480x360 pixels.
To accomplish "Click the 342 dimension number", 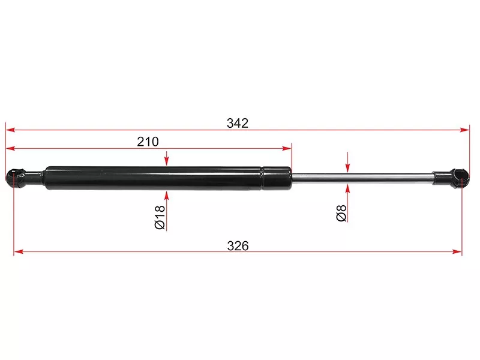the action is (238, 123).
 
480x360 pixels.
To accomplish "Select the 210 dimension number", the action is (148, 142).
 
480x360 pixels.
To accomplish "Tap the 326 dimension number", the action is (238, 246).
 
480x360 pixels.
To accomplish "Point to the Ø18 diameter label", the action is (160, 217).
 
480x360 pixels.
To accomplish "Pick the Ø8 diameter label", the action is (341, 213).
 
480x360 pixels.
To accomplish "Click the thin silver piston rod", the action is (363, 178).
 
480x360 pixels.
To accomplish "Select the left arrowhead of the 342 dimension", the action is (10, 130).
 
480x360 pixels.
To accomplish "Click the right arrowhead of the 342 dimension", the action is (464, 130).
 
